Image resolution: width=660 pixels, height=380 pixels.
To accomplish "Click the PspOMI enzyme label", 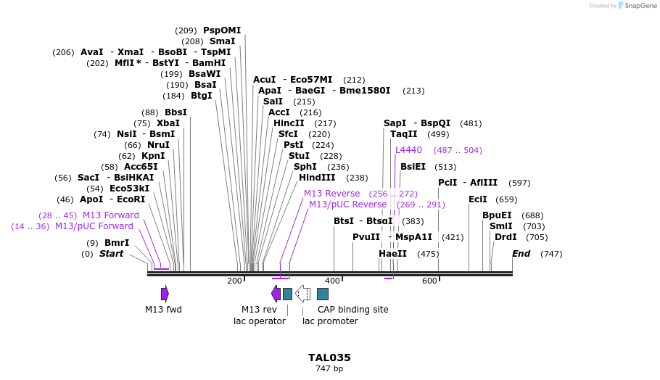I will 221,30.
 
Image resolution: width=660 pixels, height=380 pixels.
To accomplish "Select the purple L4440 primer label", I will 408,150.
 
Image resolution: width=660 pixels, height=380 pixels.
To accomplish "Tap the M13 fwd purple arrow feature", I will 165,294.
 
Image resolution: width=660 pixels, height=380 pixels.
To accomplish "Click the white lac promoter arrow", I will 303,294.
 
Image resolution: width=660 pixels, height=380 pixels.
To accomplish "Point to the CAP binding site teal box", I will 323,294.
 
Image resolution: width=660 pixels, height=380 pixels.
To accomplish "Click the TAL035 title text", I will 329,358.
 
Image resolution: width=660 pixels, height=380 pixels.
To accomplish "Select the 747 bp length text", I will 329,368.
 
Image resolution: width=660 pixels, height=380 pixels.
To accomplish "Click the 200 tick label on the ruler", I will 234,281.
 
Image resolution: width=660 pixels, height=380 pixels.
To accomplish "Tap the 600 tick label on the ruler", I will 429,281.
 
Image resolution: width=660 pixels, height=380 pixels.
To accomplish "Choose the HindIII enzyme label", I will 317,178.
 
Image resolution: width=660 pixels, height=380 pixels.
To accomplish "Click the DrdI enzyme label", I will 506,237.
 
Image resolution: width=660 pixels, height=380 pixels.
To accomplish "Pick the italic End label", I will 521,254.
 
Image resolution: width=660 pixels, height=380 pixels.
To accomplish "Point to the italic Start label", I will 111,254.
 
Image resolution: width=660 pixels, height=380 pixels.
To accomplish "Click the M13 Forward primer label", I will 111,215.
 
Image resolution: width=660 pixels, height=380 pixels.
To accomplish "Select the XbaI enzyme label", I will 168,123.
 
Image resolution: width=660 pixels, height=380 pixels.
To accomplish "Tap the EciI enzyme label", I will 478,199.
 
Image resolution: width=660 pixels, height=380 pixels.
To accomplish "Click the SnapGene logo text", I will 638,6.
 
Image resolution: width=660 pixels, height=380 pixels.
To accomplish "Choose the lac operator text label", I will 259,321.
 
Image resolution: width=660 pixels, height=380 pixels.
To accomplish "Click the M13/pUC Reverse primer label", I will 348,205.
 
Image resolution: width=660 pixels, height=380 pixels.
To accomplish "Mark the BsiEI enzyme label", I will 413,167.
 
